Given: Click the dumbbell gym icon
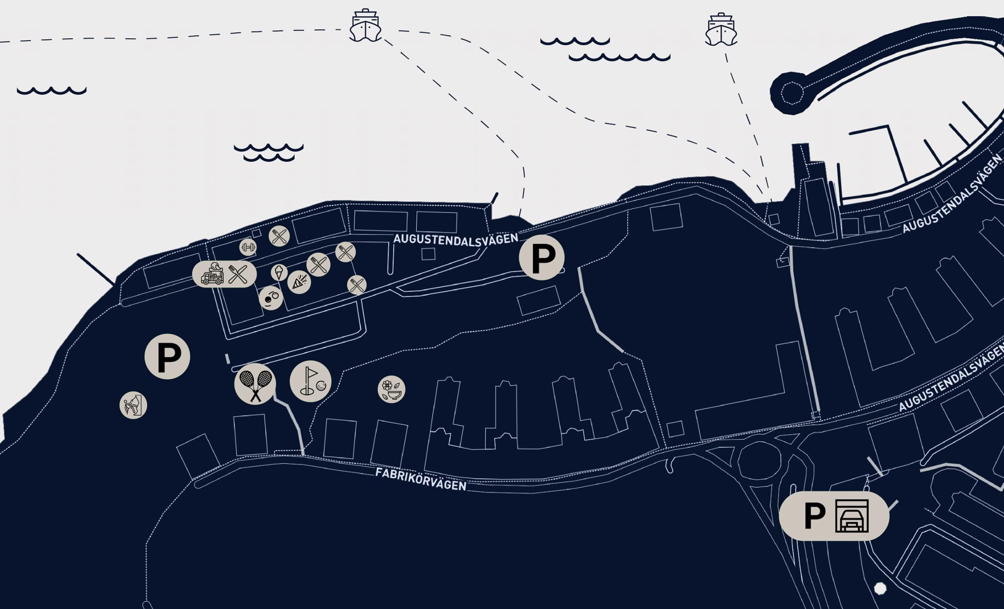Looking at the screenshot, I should coord(248,247).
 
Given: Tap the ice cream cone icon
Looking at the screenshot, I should coord(279,273).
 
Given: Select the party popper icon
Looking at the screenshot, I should coord(299,282).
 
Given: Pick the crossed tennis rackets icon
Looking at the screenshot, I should coord(255,384).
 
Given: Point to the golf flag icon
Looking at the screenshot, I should coord(310,382).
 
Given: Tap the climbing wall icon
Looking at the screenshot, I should coord(134,405).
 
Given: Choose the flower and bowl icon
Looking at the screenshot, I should coord(392,390).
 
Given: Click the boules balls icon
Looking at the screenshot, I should coord(271,298).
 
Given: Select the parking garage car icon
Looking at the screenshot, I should coord(852,516).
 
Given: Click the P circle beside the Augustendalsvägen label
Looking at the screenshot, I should coord(542,258).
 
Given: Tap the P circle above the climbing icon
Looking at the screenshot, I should coord(167,356).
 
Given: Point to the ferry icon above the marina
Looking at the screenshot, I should coord(721,30).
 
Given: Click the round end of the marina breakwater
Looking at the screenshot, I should coord(791,93).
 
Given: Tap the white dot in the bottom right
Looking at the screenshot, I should coord(880,588).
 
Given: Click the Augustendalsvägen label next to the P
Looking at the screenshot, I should coord(455,239).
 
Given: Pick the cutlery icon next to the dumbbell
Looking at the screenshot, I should coord(279,236).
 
